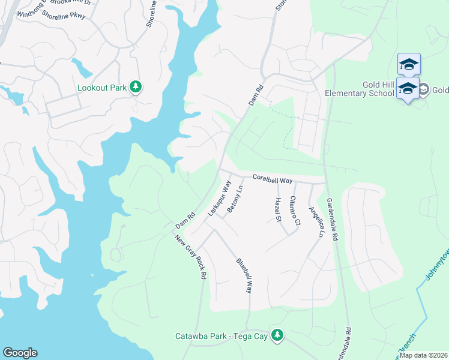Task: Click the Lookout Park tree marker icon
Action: click(x=136, y=88)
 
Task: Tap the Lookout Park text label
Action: click(x=102, y=88)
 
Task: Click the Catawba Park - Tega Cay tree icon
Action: click(x=277, y=335)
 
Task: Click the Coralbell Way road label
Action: click(x=272, y=179)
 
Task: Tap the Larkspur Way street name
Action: click(x=218, y=199)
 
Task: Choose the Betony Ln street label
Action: click(x=235, y=199)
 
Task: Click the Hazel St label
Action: click(x=278, y=209)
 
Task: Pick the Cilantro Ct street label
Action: click(x=294, y=210)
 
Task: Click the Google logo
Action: click(x=20, y=353)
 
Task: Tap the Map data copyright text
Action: click(x=424, y=355)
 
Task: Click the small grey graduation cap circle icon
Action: click(x=424, y=89)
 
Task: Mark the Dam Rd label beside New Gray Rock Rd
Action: click(x=185, y=220)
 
